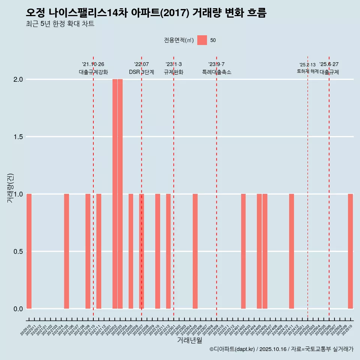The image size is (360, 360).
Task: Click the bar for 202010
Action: [x=29, y=251]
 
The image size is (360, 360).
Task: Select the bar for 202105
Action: [x=66, y=251]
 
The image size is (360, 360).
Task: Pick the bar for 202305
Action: [x=195, y=251]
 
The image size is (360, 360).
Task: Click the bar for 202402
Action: [x=243, y=251]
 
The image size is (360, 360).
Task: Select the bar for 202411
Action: [x=291, y=251]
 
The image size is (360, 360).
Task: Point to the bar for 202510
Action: [x=350, y=251]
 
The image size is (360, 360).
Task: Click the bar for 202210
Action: [x=157, y=251]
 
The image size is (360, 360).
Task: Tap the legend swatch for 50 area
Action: [x=202, y=40]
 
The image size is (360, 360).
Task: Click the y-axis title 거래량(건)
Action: [x=10, y=187]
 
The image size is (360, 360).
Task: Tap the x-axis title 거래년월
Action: [x=189, y=340]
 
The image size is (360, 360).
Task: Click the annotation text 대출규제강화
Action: [x=93, y=72]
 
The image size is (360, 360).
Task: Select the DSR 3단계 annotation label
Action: [x=141, y=72]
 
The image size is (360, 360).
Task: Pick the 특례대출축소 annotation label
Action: [x=216, y=72]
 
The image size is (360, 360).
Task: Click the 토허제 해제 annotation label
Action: [x=307, y=71]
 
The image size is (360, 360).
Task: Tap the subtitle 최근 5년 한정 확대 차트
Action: [x=60, y=24]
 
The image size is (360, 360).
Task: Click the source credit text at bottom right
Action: [x=281, y=349]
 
